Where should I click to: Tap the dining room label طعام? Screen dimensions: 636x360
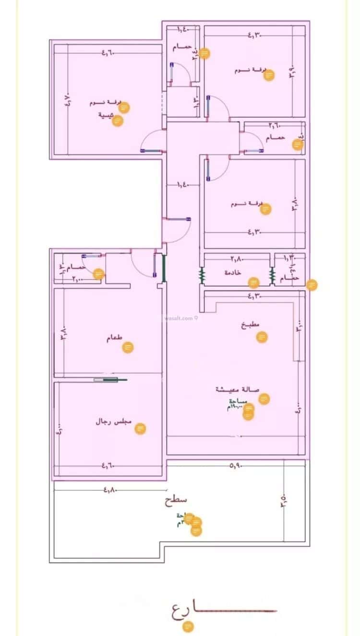click(114, 338)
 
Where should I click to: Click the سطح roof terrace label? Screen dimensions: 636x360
click(176, 500)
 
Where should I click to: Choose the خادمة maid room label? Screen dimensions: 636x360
click(232, 272)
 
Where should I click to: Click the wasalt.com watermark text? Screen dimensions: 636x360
click(178, 318)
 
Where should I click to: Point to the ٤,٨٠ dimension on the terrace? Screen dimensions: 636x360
click(110, 490)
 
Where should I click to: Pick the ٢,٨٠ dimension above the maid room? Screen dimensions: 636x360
click(236, 259)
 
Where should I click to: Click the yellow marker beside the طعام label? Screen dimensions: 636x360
click(128, 347)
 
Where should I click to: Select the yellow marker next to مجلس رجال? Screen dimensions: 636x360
click(140, 428)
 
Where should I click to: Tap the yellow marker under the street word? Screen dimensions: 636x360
click(189, 626)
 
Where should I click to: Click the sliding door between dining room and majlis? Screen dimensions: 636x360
click(110, 380)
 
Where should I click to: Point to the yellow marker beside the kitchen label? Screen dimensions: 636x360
click(262, 337)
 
